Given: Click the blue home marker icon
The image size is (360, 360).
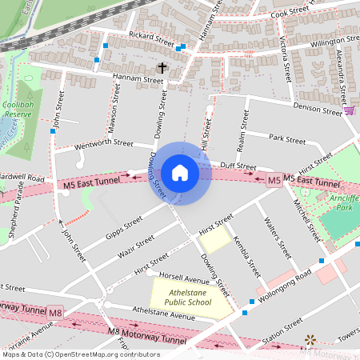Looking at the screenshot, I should [x=180, y=173].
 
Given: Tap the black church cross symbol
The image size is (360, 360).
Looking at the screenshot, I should [x=162, y=69].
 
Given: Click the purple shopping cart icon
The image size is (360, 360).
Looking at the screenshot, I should [x=349, y=110].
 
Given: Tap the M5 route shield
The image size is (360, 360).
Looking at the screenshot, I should [x=274, y=180].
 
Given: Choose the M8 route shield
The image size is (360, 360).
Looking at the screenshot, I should [x=54, y=312].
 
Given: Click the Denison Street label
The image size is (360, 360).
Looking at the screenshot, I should [x=317, y=106].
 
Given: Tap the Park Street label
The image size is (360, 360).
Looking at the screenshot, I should [x=287, y=139].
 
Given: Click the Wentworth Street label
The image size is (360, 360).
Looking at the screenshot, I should [x=102, y=145].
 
